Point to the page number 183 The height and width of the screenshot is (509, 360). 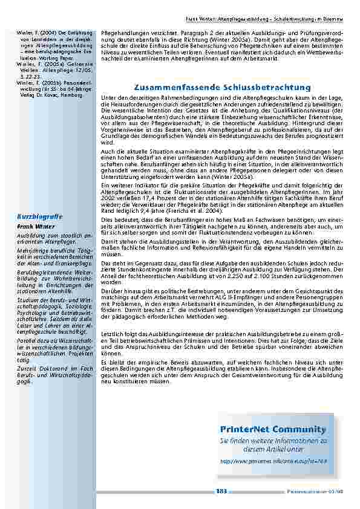click(x=221, y=491)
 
